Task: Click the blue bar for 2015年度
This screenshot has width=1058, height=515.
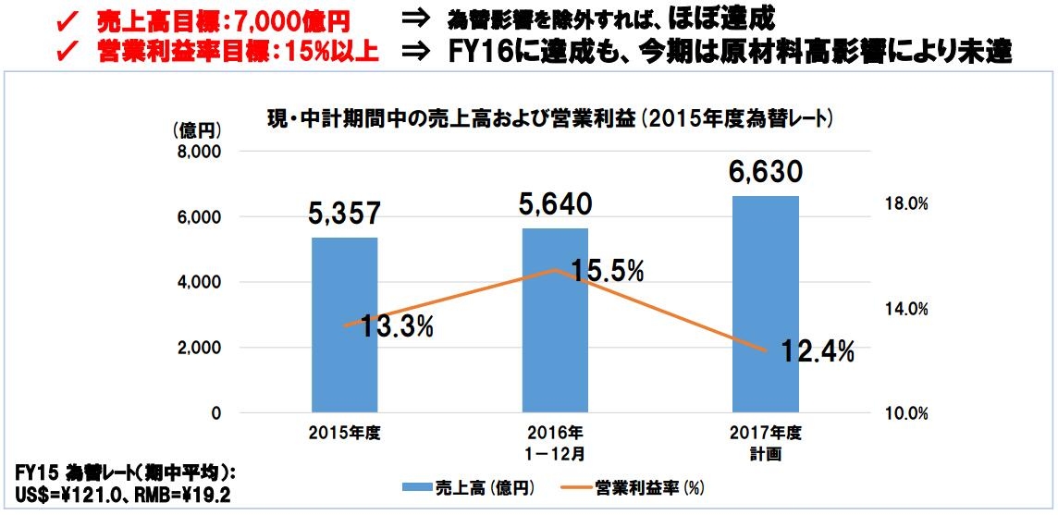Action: coord(344,325)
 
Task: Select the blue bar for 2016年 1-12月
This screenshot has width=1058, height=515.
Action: coord(555,320)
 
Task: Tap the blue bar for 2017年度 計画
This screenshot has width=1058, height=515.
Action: coord(765,304)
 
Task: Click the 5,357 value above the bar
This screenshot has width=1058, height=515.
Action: coord(344,215)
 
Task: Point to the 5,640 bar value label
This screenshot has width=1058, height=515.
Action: coord(555,204)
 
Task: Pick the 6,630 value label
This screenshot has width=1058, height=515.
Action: coord(765,173)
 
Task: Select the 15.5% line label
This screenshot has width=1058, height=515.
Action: coord(607,271)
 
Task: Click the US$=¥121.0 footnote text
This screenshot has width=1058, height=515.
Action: coord(61,497)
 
